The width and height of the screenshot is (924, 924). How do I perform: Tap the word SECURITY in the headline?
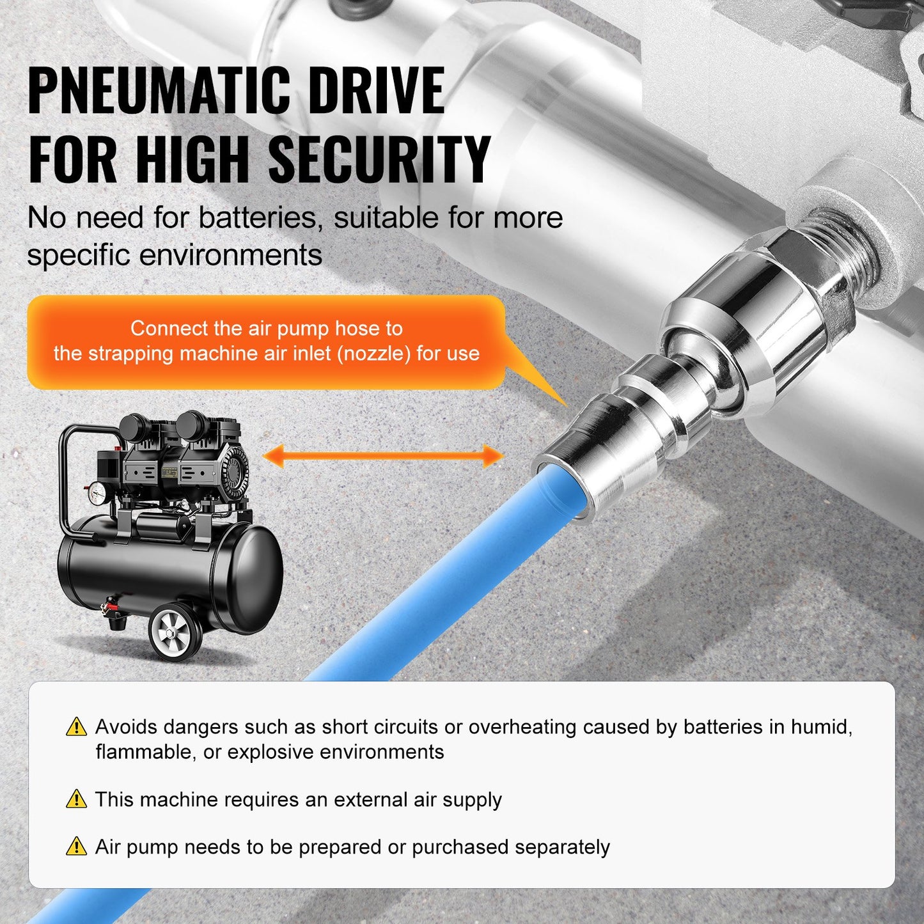tap(379, 160)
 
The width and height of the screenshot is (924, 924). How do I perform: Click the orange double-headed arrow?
tap(383, 457)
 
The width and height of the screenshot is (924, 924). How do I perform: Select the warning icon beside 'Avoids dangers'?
tap(76, 727)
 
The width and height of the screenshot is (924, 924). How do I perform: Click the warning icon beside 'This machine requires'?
tap(76, 799)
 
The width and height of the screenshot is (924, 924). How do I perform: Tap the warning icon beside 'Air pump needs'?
tap(76, 847)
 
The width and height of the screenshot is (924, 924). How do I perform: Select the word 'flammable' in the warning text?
tap(144, 752)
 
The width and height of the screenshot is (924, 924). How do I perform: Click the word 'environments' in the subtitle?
tap(230, 256)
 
